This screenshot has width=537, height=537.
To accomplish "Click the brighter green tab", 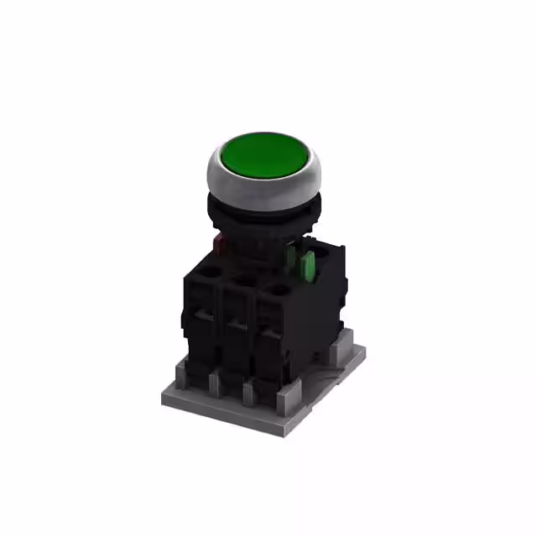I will pos(308,266).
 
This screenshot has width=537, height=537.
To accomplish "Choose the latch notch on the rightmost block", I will pos(270,334).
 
